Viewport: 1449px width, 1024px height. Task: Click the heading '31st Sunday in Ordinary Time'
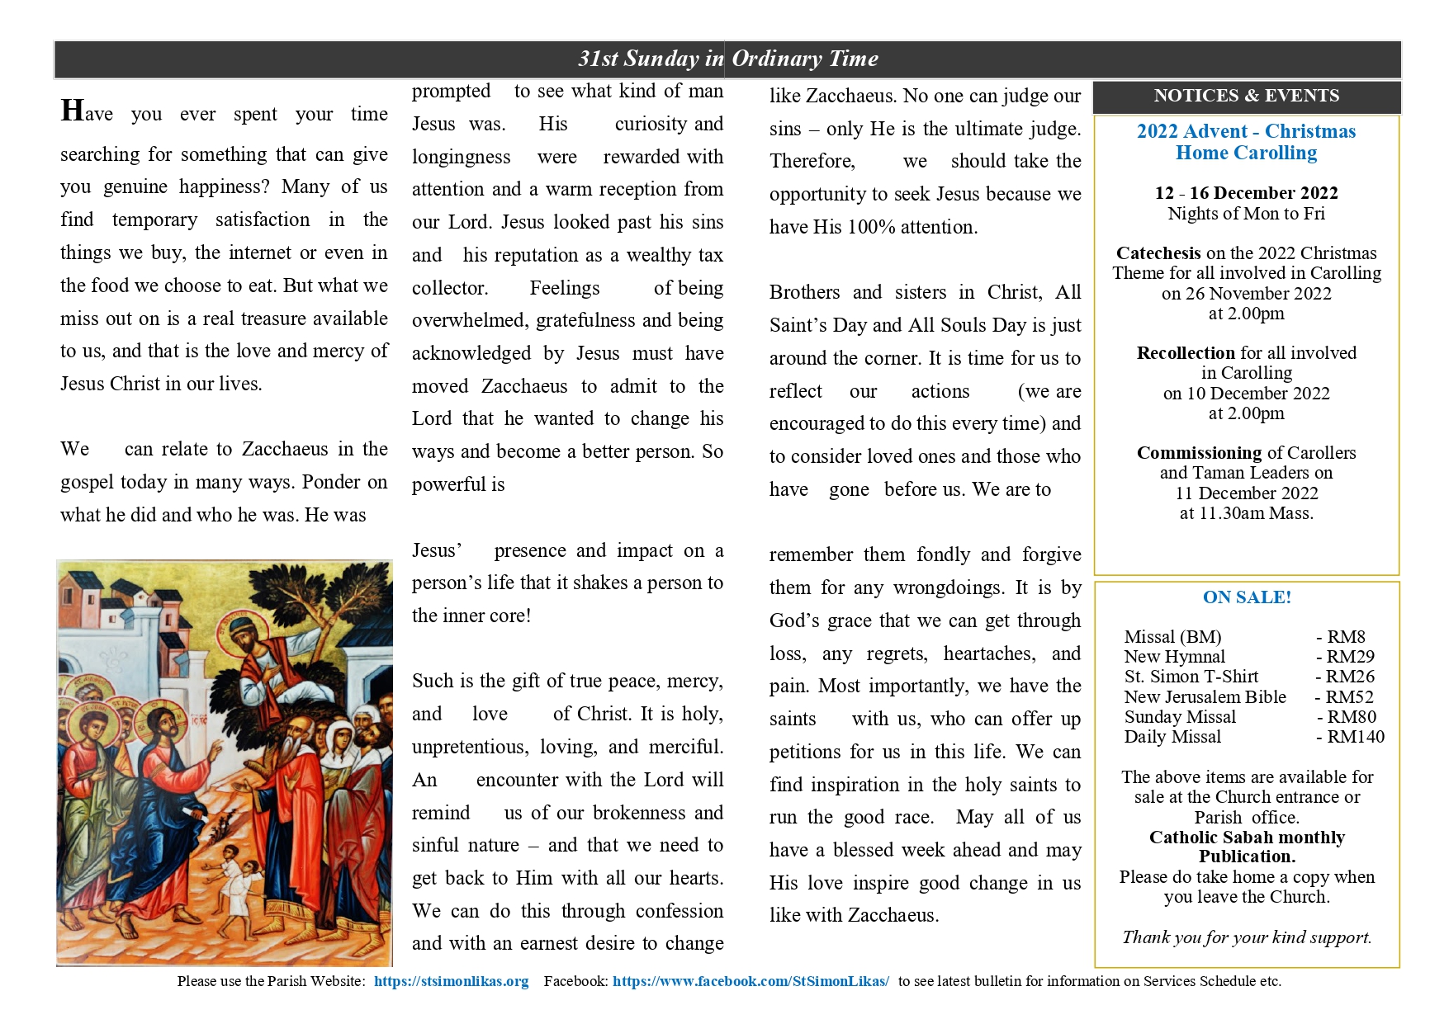[x=727, y=59]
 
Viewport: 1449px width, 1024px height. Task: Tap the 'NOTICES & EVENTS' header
[x=1246, y=96]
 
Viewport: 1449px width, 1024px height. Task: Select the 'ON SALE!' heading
[x=1247, y=597]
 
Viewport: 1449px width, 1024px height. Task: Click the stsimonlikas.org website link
[x=451, y=981]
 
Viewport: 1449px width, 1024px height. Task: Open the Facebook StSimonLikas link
[x=751, y=981]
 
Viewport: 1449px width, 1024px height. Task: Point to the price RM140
[x=1355, y=737]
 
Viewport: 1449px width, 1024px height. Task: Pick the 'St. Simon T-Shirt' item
[x=1191, y=677]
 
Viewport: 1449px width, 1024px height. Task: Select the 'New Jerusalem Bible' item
[x=1205, y=697]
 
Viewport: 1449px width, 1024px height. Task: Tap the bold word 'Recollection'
[x=1186, y=353]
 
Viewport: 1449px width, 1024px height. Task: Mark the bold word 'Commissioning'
[x=1199, y=453]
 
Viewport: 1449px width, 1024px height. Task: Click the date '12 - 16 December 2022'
[x=1246, y=193]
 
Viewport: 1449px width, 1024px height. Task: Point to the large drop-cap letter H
[x=72, y=110]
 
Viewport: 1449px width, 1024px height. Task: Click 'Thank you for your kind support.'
[x=1247, y=937]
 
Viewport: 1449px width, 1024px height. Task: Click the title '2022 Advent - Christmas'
[x=1246, y=131]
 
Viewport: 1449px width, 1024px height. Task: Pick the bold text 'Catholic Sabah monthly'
[x=1247, y=838]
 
